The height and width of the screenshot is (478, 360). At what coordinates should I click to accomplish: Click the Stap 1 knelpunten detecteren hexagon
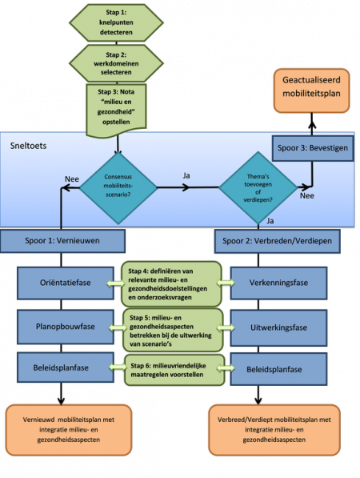coord(116,22)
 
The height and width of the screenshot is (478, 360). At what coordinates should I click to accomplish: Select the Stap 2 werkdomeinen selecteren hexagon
coord(116,63)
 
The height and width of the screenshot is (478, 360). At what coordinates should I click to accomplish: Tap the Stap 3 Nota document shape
coord(116,110)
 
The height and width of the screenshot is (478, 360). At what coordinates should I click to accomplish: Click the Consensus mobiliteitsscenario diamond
coord(118,188)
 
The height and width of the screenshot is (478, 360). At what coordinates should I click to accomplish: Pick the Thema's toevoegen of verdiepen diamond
coord(258,188)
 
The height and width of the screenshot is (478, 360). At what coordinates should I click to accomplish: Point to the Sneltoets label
coord(28,146)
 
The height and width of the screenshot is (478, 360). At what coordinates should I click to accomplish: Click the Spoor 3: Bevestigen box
coord(313,148)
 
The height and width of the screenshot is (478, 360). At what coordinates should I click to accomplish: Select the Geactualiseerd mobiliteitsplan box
coord(311,90)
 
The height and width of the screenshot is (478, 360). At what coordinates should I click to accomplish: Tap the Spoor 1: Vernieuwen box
coord(62,241)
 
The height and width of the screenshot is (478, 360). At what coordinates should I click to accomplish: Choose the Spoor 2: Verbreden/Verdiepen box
coord(277,241)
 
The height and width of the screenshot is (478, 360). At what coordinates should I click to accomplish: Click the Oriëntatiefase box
coord(66,283)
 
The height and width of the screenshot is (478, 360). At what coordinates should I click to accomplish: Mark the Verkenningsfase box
coord(278,283)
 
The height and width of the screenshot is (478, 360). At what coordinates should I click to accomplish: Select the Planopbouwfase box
coord(66,327)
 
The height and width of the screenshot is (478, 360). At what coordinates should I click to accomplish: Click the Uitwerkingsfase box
coord(278,327)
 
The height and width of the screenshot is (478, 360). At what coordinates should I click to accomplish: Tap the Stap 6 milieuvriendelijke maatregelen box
coord(174,370)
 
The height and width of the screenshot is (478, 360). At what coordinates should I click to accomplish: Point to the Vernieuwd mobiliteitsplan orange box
coord(69,430)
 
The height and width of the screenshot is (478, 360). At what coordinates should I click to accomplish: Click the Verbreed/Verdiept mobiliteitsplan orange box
coord(274,430)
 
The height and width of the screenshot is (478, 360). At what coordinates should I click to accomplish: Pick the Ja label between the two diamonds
coord(186,175)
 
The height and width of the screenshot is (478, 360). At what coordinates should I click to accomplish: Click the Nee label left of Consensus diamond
coord(72,179)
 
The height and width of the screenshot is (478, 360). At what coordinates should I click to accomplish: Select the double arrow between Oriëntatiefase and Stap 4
coord(116,283)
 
